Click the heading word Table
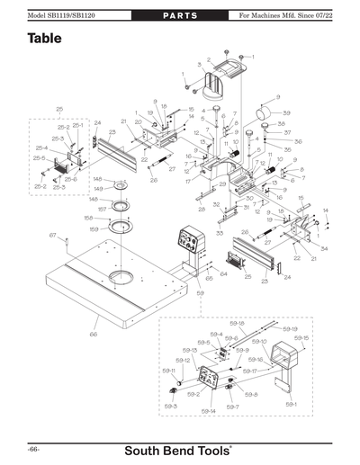tap(44, 39)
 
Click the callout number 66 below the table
tap(93, 335)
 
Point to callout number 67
tap(52, 236)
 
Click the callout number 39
tap(286, 112)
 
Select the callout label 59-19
tap(290, 329)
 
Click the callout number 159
tap(90, 228)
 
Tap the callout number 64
tap(223, 273)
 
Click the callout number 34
tap(323, 248)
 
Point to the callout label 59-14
tap(209, 410)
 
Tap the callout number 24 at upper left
tap(97, 122)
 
